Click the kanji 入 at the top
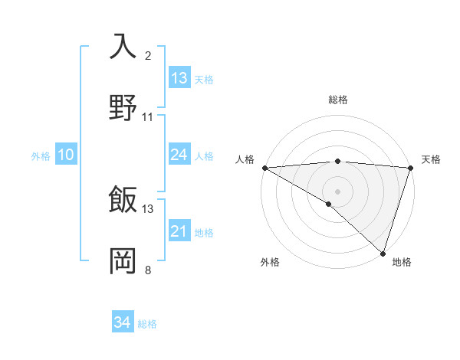point(123,46)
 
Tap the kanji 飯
point(123,200)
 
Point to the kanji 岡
point(123,260)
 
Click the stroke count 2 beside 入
point(148,56)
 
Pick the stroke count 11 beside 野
point(148,117)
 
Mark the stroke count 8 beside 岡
point(148,270)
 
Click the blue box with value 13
point(179,78)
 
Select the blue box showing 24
point(179,155)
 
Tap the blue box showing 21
point(179,231)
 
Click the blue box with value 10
point(66,155)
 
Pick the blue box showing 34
point(123,322)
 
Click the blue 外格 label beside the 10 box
point(41,156)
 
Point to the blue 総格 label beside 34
point(147,324)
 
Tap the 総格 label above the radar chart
point(338,100)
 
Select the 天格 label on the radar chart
point(431,159)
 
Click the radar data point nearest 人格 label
point(264,167)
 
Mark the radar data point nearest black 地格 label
point(383,253)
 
